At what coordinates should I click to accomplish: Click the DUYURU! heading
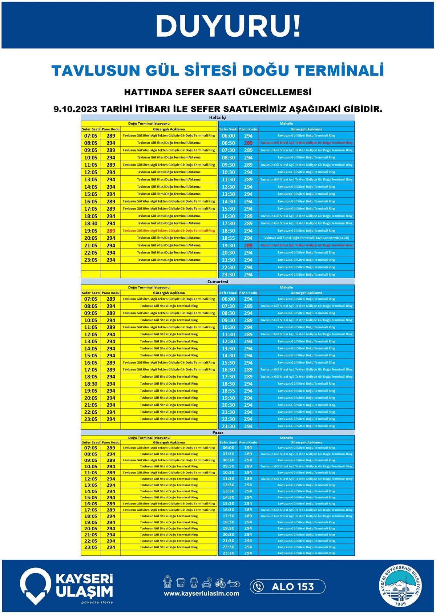pyautogui.click(x=228, y=26)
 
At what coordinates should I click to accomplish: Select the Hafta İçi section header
pyautogui.click(x=218, y=118)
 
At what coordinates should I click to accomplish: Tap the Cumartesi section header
pyautogui.click(x=218, y=281)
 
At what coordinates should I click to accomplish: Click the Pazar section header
pyautogui.click(x=218, y=433)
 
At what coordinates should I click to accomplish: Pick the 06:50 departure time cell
pyautogui.click(x=228, y=143)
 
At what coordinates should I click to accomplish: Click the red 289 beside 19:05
pyautogui.click(x=111, y=231)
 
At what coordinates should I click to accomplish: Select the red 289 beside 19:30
pyautogui.click(x=248, y=246)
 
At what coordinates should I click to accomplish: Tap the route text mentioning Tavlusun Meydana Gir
pyautogui.click(x=306, y=238)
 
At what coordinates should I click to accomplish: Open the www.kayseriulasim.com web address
pyautogui.click(x=201, y=593)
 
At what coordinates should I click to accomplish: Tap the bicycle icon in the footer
pyautogui.click(x=220, y=583)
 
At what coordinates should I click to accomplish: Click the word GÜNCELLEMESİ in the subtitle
pyautogui.click(x=275, y=92)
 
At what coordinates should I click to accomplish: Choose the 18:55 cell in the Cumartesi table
pyautogui.click(x=228, y=391)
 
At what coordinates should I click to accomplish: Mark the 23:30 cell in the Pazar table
pyautogui.click(x=228, y=553)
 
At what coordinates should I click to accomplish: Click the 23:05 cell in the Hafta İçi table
pyautogui.click(x=90, y=260)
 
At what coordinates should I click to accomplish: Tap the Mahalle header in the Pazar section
pyautogui.click(x=286, y=438)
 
